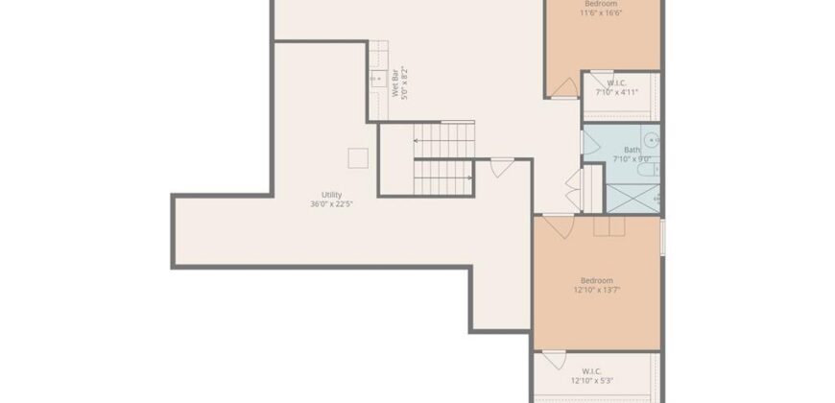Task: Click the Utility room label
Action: tap(332, 195)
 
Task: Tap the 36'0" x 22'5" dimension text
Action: tap(332, 204)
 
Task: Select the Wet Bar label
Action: tap(394, 83)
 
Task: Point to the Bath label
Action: tap(632, 150)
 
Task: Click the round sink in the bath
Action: tap(649, 138)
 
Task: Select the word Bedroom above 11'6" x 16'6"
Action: tap(602, 4)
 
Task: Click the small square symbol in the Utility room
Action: tap(357, 156)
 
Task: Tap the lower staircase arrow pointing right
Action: tap(466, 178)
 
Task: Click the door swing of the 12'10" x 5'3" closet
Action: tap(554, 362)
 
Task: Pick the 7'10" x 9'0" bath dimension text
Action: tap(632, 159)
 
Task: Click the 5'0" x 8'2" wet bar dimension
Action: tap(404, 83)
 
